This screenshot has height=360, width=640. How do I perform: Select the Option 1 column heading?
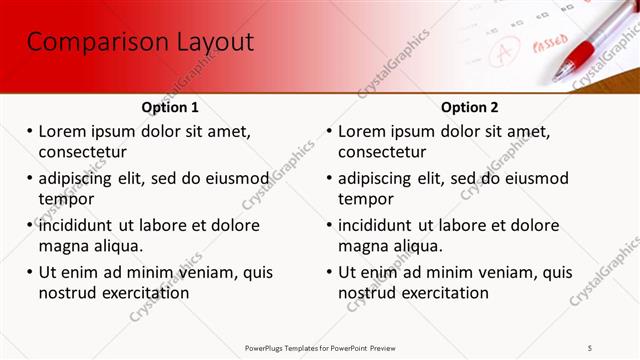pyautogui.click(x=170, y=107)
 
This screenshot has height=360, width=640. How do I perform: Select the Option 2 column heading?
pyautogui.click(x=470, y=107)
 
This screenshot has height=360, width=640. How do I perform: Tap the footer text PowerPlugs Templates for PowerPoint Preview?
pyautogui.click(x=320, y=347)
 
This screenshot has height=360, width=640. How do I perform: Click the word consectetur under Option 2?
pyautogui.click(x=383, y=152)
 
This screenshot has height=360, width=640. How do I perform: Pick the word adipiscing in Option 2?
pyautogui.click(x=375, y=179)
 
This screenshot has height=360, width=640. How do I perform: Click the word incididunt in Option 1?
pyautogui.click(x=81, y=225)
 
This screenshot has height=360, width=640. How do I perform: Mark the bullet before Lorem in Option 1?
pyautogui.click(x=30, y=132)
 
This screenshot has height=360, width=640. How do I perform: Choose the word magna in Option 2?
pyautogui.click(x=361, y=245)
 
